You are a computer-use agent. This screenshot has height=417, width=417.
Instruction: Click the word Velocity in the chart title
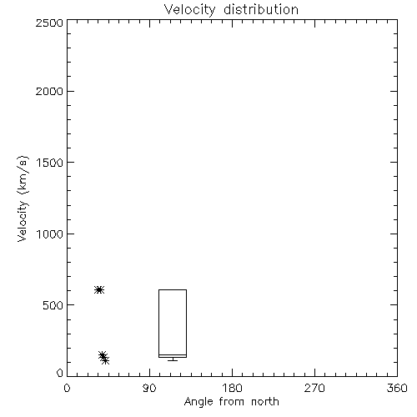coord(189,10)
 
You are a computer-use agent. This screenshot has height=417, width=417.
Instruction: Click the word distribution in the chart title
coord(261,9)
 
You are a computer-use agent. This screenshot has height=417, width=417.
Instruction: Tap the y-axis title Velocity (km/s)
coord(23,198)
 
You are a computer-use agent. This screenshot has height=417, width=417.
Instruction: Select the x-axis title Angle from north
coord(231,402)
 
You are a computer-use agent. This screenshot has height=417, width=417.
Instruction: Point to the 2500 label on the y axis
coord(49,23)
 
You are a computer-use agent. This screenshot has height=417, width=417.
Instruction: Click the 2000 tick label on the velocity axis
coord(49,91)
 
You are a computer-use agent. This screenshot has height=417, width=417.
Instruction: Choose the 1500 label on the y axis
coord(50,163)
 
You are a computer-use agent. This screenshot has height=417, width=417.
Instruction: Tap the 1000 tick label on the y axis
coord(50,234)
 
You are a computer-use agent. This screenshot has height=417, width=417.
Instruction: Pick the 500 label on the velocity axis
coord(53,305)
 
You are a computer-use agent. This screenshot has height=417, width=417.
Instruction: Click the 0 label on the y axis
coord(60,373)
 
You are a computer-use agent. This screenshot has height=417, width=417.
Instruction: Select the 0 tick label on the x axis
coord(67,388)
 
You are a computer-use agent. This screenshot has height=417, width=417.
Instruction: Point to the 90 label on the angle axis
coord(149,388)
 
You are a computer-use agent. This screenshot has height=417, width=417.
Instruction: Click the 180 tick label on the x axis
coord(232,388)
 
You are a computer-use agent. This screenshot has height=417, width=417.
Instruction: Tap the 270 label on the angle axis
coord(314,388)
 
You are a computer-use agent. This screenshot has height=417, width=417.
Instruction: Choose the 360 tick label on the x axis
coord(397,388)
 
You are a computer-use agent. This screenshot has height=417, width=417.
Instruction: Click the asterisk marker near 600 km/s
coord(99,289)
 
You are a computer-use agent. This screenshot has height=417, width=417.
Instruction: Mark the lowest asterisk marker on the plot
coord(105,360)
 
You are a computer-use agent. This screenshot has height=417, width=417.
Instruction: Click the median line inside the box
coord(173,354)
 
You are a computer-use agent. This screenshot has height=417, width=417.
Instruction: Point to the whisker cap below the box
coord(173,360)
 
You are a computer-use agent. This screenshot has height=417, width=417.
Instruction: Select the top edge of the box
coord(173,289)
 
